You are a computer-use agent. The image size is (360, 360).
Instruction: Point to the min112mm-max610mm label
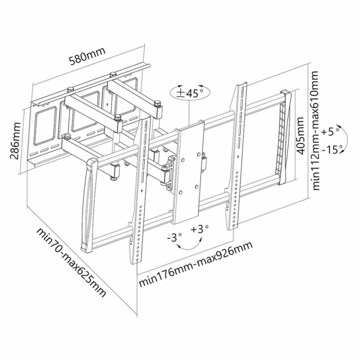click(315, 130)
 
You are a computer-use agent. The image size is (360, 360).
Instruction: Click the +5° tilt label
click(331, 132)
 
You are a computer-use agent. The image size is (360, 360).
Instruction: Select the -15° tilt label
click(331, 149)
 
